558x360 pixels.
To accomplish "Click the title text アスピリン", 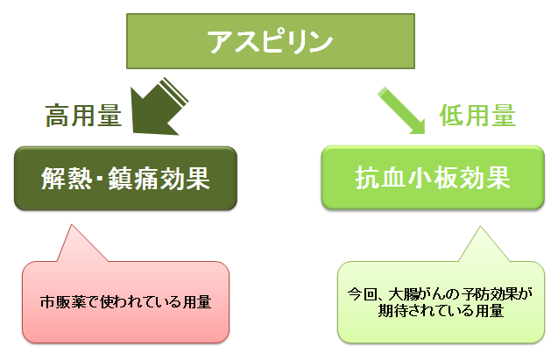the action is coord(270,42).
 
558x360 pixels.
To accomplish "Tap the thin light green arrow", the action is coord(401,110).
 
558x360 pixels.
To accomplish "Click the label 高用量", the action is coord(83,116).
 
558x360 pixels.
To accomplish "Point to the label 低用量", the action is coord(477,116).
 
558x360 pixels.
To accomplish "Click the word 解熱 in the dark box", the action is coord(67,178).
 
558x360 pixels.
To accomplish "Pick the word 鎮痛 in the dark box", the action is coord(133,178).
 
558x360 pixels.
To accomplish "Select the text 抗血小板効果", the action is coord(433,178).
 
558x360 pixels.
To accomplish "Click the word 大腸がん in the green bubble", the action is coord(420,294).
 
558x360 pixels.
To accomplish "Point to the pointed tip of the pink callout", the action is coord(72,225).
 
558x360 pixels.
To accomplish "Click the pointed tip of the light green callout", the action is coord(480,226).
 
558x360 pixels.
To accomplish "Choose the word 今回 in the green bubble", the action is coord(362,294).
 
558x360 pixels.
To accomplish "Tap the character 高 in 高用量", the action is coord(58,116).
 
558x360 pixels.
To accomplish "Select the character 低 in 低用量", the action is coord(452,116).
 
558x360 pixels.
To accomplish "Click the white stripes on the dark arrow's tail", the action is coord(173,92).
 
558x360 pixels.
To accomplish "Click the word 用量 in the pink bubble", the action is coord(197,302).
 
